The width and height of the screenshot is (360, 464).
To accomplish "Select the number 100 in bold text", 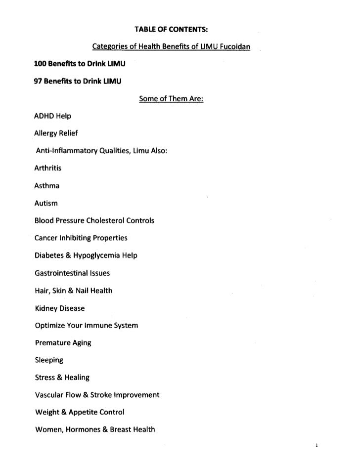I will coord(42,64).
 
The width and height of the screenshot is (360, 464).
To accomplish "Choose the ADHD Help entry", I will coord(53,117).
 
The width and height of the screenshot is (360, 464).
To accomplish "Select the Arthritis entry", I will coord(48,168).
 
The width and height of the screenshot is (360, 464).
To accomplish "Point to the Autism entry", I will coord(46,203).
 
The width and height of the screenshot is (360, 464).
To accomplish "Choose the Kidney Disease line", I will coord(59,308).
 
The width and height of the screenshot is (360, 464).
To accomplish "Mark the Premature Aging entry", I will coord(62,342).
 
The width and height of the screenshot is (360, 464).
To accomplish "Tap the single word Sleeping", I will coord(49,360).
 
